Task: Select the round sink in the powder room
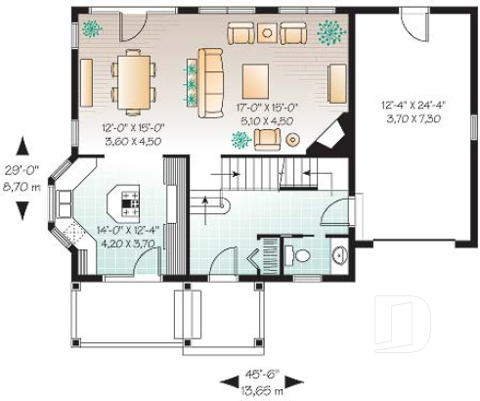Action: [x=338, y=257]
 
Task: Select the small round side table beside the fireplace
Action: [x=291, y=140]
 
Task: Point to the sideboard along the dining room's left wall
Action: [x=86, y=77]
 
